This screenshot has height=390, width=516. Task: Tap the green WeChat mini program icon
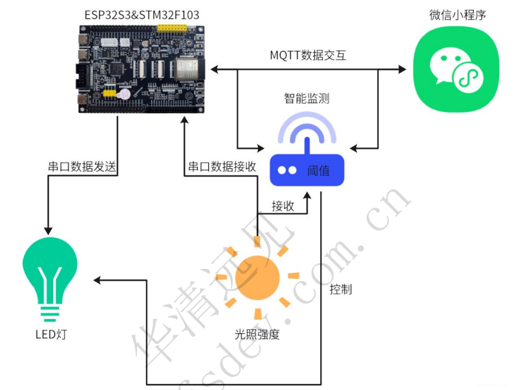(457, 70)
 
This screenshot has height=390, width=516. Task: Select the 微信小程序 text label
(457, 14)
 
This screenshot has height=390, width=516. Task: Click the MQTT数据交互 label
(308, 55)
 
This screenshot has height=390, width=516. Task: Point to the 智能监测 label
(306, 98)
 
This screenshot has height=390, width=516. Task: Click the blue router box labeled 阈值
(306, 169)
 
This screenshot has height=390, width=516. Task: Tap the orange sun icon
(257, 277)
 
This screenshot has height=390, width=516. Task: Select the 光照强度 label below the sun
(257, 334)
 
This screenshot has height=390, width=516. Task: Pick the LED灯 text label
(50, 334)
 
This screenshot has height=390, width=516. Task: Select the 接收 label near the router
(283, 206)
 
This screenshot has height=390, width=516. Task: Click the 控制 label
(341, 289)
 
